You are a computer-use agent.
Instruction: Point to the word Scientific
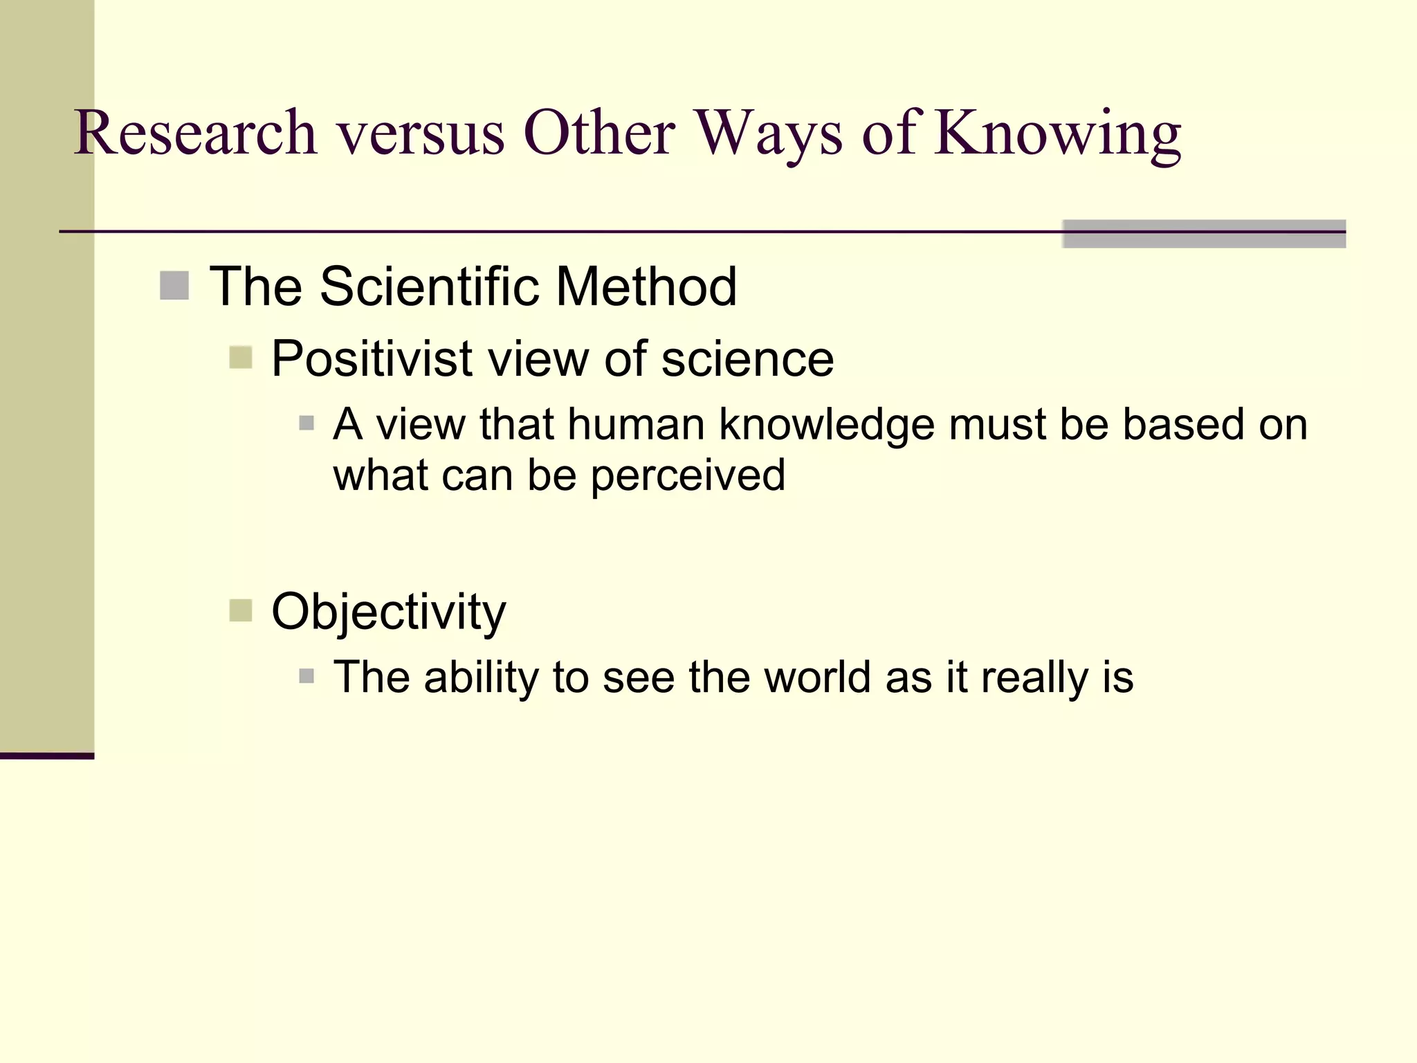(x=430, y=287)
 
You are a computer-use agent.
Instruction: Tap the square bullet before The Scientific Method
(x=174, y=286)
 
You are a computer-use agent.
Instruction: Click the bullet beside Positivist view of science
(x=240, y=358)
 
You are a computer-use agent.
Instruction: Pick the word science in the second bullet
(x=747, y=359)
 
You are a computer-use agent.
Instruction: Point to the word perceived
(x=688, y=475)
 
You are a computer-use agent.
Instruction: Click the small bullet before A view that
(x=307, y=423)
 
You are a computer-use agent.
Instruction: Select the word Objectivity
(x=389, y=612)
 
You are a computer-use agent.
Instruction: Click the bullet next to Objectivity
(x=240, y=611)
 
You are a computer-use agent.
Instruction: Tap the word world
(x=817, y=677)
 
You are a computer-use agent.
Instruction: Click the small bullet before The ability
(x=307, y=676)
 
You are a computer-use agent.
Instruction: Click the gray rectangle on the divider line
(x=1204, y=234)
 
